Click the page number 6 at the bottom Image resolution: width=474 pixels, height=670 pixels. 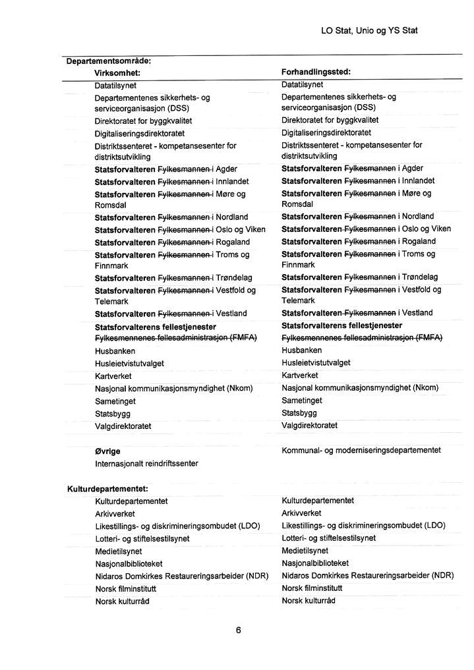coord(238,630)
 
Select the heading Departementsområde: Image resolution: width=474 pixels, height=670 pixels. coord(109,61)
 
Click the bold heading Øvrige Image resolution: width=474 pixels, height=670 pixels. coord(107,452)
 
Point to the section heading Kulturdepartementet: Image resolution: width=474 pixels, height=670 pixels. coord(107,489)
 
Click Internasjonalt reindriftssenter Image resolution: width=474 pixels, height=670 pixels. coord(146,464)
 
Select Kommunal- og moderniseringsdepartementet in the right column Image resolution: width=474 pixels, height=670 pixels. coord(361,451)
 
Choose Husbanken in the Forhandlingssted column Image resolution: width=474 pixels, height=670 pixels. coord(302,350)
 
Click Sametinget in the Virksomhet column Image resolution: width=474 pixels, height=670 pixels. coord(115,401)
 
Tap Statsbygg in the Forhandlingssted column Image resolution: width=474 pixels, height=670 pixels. coord(299,413)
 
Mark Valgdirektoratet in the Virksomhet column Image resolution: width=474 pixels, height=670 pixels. coord(123,426)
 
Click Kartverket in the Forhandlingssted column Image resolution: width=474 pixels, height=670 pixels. coord(299,376)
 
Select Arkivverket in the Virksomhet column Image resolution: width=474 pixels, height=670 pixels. coord(115,514)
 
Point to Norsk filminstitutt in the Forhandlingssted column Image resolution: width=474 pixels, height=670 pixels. coord(312,588)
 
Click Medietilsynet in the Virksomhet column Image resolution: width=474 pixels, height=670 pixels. coord(118,551)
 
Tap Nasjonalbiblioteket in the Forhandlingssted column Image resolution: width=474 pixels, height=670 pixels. coord(315,563)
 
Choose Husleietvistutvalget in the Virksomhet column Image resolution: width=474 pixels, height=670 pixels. coord(130,364)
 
